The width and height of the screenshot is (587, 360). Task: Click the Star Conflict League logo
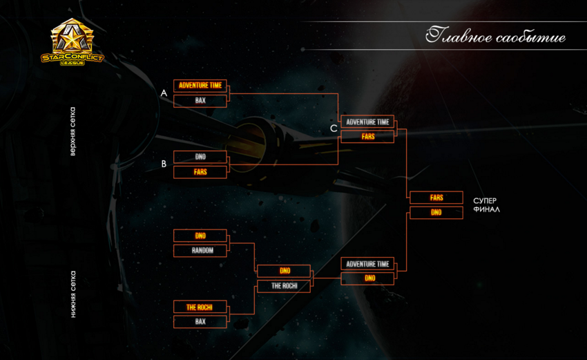[73, 42]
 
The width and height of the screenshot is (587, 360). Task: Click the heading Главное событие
[495, 36]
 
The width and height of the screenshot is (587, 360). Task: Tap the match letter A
[164, 93]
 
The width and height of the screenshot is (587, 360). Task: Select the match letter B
[164, 164]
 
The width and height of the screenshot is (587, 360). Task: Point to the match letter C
[334, 129]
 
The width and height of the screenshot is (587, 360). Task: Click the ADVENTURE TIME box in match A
[200, 86]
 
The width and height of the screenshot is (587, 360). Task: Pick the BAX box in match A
[200, 101]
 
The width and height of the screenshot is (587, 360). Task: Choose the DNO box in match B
[200, 157]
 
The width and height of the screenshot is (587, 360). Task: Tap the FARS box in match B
[200, 172]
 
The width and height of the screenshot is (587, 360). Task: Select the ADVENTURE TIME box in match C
[367, 122]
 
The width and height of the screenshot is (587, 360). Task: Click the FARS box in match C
[367, 136]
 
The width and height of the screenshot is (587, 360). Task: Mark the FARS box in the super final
[436, 198]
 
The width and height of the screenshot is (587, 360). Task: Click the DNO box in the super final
[436, 212]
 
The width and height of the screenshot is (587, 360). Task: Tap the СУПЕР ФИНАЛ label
[486, 205]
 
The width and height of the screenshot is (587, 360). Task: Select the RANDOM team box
[200, 251]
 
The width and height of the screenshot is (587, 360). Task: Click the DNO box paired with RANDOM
[200, 236]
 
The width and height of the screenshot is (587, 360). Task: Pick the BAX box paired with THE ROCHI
[200, 321]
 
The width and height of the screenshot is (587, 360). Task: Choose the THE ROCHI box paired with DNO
[284, 286]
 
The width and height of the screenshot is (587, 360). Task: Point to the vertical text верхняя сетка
[73, 131]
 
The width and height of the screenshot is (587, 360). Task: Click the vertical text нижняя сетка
[73, 294]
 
